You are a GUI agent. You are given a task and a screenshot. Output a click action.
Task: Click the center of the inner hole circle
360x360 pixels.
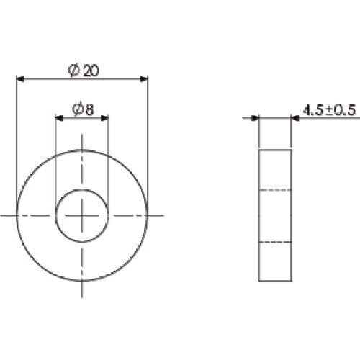[82, 215]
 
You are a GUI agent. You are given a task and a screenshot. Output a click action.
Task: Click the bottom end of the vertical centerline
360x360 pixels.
[82, 295]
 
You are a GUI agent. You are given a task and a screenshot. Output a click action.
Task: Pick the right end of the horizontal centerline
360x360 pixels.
[165, 215]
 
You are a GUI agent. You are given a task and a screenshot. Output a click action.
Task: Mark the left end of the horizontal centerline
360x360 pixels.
[1, 215]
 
